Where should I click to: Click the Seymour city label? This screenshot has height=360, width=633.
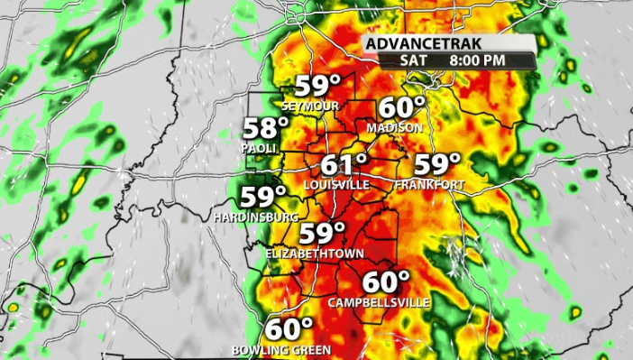click(309, 106)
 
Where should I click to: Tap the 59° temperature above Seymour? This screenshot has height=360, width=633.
click(317, 88)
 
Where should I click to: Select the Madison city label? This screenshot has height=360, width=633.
click(394, 128)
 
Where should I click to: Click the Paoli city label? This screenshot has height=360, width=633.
click(259, 147)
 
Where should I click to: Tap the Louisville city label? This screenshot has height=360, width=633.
click(336, 184)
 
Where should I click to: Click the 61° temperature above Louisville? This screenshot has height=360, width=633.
click(344, 165)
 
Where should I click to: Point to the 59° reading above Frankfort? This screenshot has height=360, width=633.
click(437, 164)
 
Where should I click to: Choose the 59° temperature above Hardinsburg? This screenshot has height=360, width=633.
click(262, 197)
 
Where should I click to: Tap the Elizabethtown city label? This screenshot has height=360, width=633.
click(309, 254)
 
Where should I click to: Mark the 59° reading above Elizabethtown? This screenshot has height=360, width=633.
click(323, 234)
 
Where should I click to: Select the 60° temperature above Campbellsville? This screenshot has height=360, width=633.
click(387, 281)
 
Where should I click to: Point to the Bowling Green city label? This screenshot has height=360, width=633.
click(281, 349)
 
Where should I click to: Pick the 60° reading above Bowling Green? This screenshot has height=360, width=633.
click(289, 328)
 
